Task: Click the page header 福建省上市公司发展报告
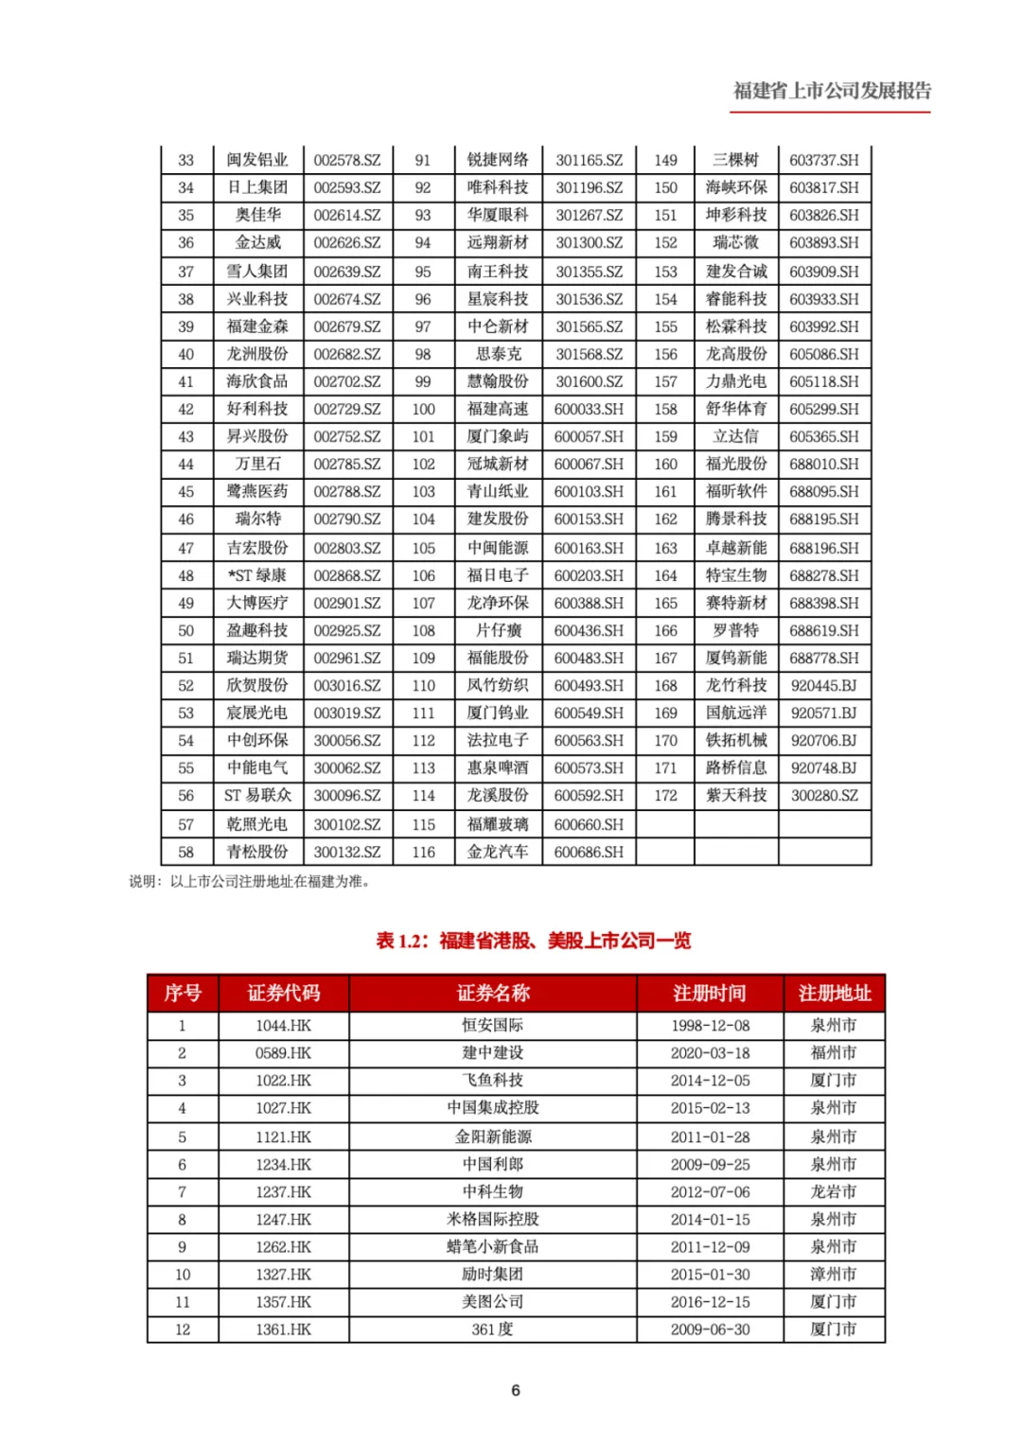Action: pyautogui.click(x=832, y=91)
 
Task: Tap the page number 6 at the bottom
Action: pyautogui.click(x=515, y=1389)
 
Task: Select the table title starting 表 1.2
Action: pyautogui.click(x=533, y=941)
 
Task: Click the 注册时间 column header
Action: pyautogui.click(x=710, y=993)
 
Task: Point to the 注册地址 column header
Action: pyautogui.click(x=834, y=993)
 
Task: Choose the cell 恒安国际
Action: pyautogui.click(x=492, y=1025)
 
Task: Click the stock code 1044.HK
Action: pyautogui.click(x=283, y=1025)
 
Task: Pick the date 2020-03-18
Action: pyautogui.click(x=710, y=1052)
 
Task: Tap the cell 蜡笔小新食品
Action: pyautogui.click(x=492, y=1246)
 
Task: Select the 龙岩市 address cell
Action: pyautogui.click(x=834, y=1191)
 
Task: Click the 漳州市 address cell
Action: pyautogui.click(x=834, y=1274)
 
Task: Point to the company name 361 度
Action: pyautogui.click(x=492, y=1329)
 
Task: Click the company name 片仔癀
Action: pyautogui.click(x=498, y=630)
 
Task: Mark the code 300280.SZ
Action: pyautogui.click(x=824, y=795)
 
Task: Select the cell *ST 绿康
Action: pyautogui.click(x=256, y=575)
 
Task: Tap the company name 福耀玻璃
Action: pyautogui.click(x=498, y=824)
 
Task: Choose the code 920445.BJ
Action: pyautogui.click(x=824, y=685)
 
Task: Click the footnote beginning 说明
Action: pyautogui.click(x=250, y=881)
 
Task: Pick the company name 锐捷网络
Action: pyautogui.click(x=498, y=160)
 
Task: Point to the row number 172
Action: pyautogui.click(x=665, y=795)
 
